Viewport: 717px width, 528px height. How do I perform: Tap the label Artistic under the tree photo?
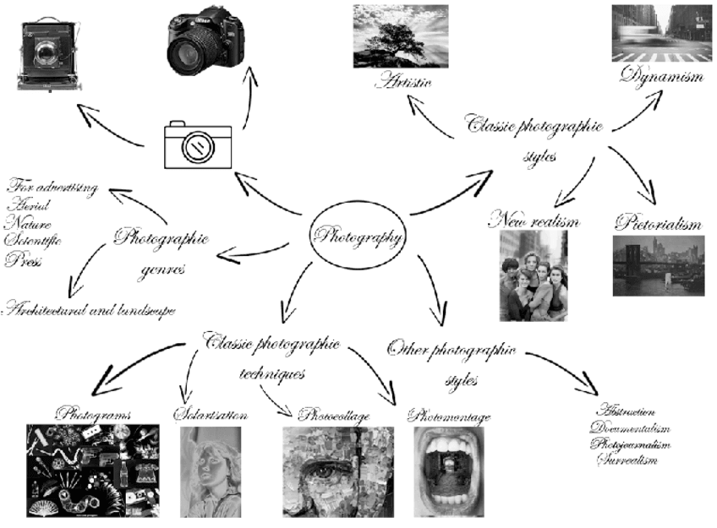(x=404, y=82)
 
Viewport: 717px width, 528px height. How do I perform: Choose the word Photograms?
(x=92, y=414)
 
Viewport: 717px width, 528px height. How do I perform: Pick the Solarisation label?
(x=211, y=415)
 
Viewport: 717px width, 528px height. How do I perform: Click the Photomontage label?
(x=448, y=416)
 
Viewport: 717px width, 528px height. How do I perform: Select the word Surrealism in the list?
(x=627, y=460)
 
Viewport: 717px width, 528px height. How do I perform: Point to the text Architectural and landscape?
(x=89, y=310)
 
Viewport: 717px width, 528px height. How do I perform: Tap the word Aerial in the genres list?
(x=29, y=205)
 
